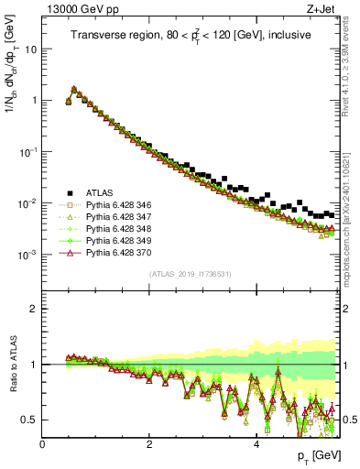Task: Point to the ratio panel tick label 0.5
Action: [29, 420]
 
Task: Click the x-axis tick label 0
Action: [42, 443]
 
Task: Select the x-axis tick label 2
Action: [148, 443]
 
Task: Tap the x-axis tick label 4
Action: [256, 443]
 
